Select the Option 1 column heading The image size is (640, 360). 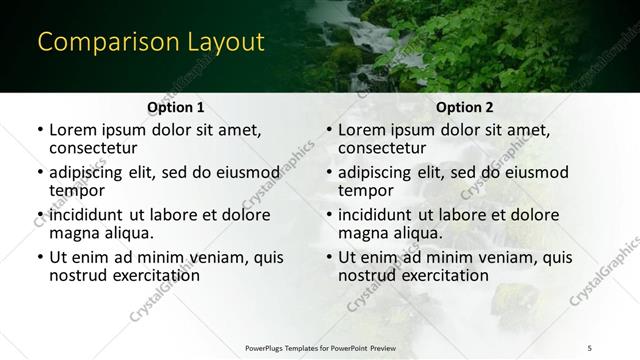(176, 107)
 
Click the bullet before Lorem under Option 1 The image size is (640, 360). (40, 130)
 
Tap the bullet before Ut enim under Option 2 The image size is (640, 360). (329, 258)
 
